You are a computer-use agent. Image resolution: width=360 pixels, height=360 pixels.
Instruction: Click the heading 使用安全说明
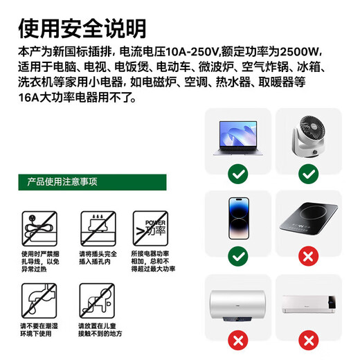82,28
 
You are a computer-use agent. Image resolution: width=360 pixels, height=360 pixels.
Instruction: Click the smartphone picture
238,219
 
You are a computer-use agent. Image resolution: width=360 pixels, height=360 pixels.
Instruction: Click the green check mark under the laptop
238,173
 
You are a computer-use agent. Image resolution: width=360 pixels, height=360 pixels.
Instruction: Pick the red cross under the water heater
238,341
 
